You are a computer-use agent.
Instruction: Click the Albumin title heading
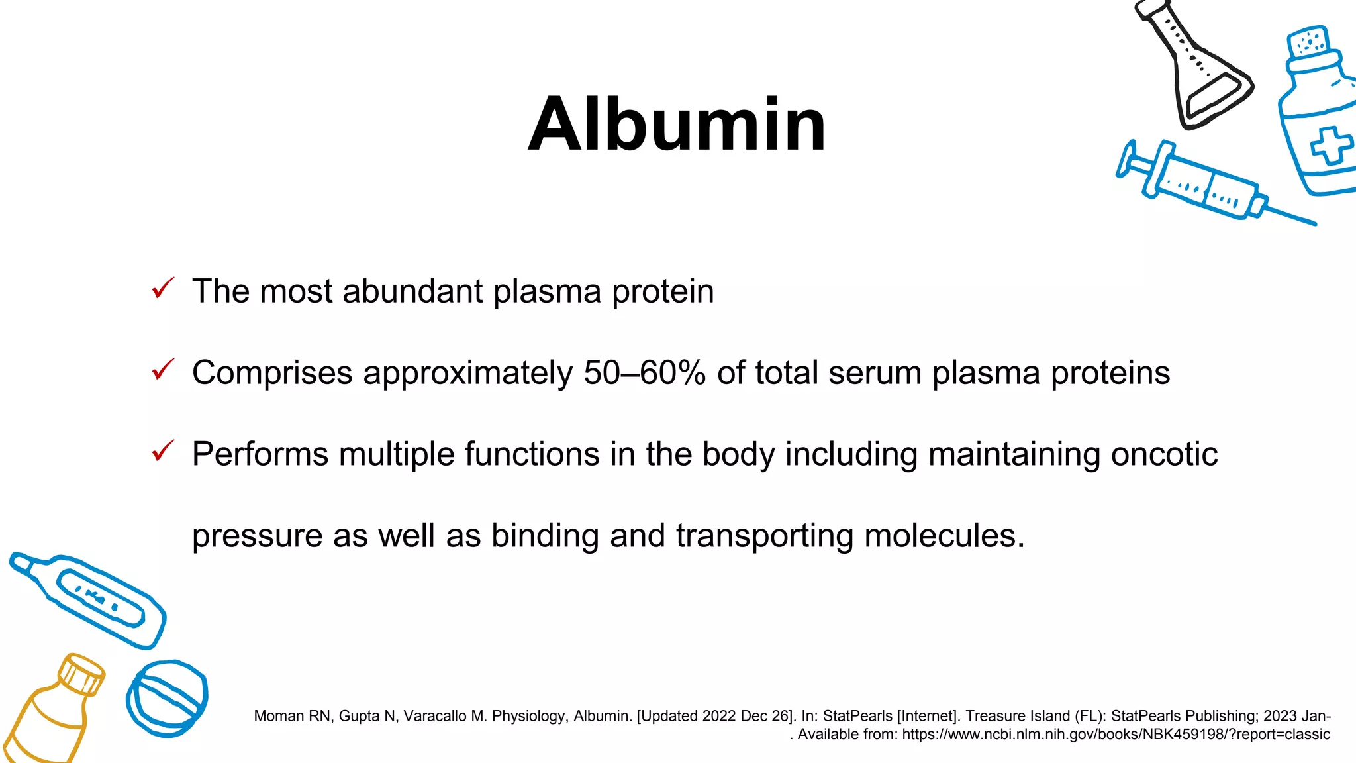[x=677, y=125]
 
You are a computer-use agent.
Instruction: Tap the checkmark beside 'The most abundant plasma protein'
[x=163, y=289]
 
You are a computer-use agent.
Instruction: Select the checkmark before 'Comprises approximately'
[x=163, y=370]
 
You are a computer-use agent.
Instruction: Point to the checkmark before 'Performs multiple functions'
[x=163, y=451]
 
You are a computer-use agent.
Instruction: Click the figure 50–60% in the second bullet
[x=644, y=372]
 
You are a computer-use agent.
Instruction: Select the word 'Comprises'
[x=271, y=373]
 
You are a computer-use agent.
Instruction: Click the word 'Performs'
[x=260, y=454]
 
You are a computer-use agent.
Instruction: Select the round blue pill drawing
[x=167, y=698]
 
